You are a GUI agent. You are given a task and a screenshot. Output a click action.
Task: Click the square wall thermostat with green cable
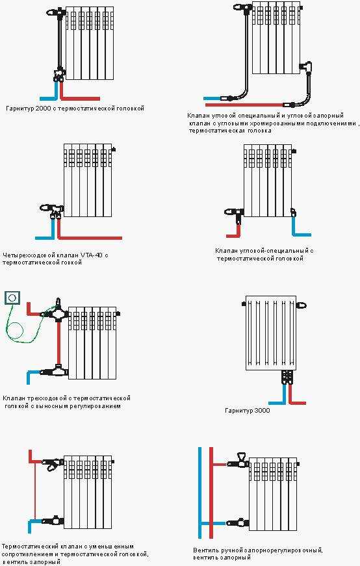click(x=12, y=298)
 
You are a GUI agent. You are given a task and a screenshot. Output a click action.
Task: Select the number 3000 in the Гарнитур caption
click(x=261, y=411)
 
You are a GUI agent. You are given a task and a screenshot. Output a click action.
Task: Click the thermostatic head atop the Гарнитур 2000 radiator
click(x=57, y=12)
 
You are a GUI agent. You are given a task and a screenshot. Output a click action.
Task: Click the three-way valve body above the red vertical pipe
click(x=57, y=311)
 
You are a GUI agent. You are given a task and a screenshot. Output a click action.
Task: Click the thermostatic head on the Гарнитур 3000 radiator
click(x=301, y=305)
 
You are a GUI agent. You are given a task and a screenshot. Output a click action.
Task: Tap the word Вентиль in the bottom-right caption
click(x=205, y=551)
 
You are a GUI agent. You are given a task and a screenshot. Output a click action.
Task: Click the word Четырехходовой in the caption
click(x=26, y=255)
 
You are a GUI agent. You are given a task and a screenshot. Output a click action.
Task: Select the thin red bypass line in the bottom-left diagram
click(x=35, y=490)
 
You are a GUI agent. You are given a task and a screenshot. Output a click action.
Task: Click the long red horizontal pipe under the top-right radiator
click(x=244, y=105)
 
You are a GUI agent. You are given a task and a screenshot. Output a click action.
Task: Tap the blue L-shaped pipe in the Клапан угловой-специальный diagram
click(x=299, y=227)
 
